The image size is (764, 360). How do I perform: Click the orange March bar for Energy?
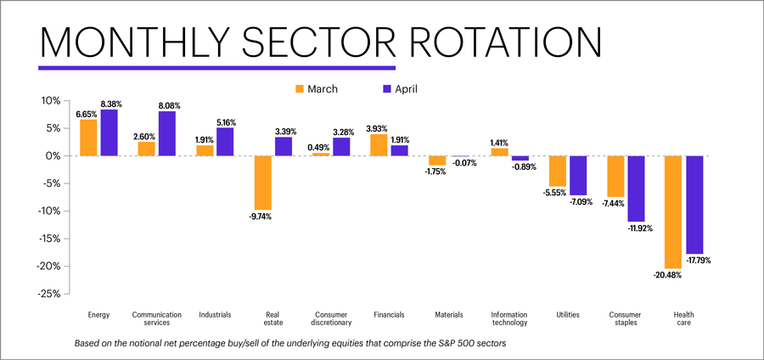click(89, 138)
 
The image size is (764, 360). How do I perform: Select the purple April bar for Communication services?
click(167, 133)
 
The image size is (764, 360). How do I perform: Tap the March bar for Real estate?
click(263, 183)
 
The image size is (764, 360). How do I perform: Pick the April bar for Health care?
click(694, 205)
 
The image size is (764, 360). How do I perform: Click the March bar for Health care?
click(674, 212)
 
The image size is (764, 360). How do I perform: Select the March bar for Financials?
click(379, 145)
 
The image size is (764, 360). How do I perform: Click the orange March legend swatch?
click(300, 88)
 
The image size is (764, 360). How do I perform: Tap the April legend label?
click(406, 88)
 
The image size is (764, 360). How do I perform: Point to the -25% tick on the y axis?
click(48, 294)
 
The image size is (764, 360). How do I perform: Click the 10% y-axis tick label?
click(50, 100)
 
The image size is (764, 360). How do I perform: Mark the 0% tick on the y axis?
click(53, 155)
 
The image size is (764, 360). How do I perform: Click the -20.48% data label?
click(668, 275)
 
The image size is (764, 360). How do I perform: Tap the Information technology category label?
click(509, 318)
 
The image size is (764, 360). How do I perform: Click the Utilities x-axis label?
click(568, 315)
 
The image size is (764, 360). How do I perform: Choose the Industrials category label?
click(215, 315)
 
